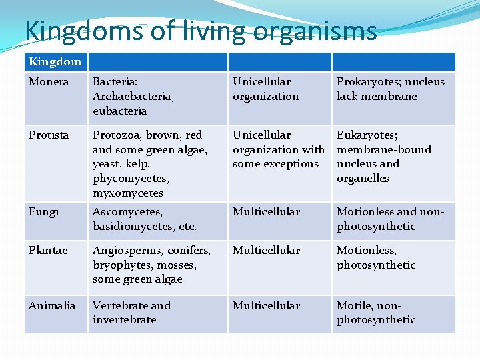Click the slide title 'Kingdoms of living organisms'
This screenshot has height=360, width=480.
click(x=201, y=31)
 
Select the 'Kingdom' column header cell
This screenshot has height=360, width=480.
click(x=55, y=62)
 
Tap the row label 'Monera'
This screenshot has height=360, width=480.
click(x=49, y=82)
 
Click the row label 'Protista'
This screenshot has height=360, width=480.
click(x=49, y=135)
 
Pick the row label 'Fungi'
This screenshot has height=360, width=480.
click(x=44, y=212)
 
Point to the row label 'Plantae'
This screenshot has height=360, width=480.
click(x=48, y=251)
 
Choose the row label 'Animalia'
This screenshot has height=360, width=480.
click(x=52, y=306)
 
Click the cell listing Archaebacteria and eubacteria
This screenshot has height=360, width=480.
click(x=133, y=96)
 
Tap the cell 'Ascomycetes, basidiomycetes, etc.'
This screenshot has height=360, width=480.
click(x=145, y=219)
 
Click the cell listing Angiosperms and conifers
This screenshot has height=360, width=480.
click(x=151, y=265)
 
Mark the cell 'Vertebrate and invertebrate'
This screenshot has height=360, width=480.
click(x=132, y=313)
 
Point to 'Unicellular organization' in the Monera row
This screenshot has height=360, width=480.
click(x=266, y=89)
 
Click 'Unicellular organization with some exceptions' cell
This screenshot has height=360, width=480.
click(x=278, y=149)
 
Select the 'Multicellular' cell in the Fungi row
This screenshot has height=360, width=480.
click(x=266, y=212)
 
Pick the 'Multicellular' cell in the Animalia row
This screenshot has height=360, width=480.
click(x=266, y=306)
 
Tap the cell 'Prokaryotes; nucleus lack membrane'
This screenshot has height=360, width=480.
click(x=391, y=89)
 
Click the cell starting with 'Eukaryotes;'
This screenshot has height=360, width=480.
click(x=384, y=157)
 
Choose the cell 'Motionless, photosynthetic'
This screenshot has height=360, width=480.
click(x=376, y=258)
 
